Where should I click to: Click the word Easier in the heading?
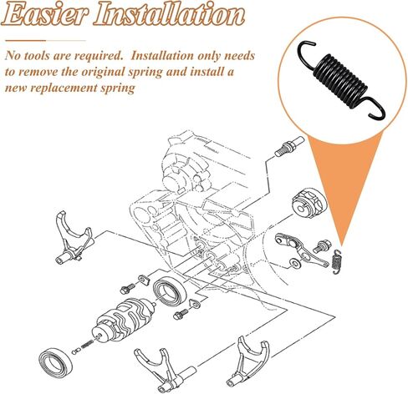pyautogui.click(x=44, y=14)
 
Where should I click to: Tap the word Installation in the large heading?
pyautogui.click(x=169, y=14)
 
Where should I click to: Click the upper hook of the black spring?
pyautogui.click(x=307, y=53)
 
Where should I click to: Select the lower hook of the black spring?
pyautogui.click(x=377, y=109)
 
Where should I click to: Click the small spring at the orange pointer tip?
pyautogui.click(x=337, y=261)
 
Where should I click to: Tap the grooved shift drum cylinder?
pyautogui.click(x=124, y=320)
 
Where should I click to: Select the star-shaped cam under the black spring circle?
pyautogui.click(x=309, y=203)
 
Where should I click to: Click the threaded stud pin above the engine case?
pyautogui.click(x=289, y=146)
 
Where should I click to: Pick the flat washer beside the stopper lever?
pyautogui.click(x=294, y=263)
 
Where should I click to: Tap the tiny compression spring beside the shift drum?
pyautogui.click(x=87, y=344)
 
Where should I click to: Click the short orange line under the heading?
pyautogui.click(x=25, y=41)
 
